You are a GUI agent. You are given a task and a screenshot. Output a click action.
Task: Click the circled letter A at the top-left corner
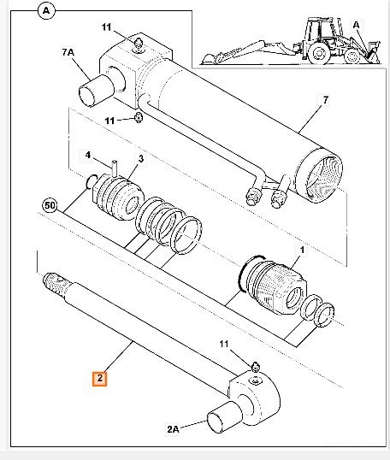46,11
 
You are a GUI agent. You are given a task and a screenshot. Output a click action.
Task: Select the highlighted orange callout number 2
100,379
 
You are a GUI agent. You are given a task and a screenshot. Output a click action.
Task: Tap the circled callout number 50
50,205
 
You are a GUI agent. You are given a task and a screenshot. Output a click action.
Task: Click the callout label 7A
68,52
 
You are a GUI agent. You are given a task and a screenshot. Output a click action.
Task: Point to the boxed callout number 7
325,100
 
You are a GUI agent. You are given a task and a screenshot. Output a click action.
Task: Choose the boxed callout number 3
141,159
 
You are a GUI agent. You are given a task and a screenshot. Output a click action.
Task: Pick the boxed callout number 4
88,155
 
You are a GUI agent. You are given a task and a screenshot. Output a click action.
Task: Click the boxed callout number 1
302,251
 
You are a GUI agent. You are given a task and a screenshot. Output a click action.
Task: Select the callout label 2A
173,429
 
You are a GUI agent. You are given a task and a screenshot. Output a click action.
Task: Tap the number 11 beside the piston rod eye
224,344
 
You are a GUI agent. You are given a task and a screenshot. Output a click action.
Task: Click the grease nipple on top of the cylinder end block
138,45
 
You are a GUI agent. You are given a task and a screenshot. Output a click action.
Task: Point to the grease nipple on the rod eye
256,367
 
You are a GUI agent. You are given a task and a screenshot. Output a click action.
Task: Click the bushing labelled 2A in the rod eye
224,417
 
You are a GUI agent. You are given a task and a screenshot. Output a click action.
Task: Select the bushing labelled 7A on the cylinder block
97,91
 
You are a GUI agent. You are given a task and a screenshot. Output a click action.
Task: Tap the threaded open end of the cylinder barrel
319,175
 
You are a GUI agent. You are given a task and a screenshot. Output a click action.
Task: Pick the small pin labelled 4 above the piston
115,168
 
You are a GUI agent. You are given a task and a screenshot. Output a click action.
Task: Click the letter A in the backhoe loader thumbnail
356,25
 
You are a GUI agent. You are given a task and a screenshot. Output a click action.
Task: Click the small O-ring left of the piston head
92,181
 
